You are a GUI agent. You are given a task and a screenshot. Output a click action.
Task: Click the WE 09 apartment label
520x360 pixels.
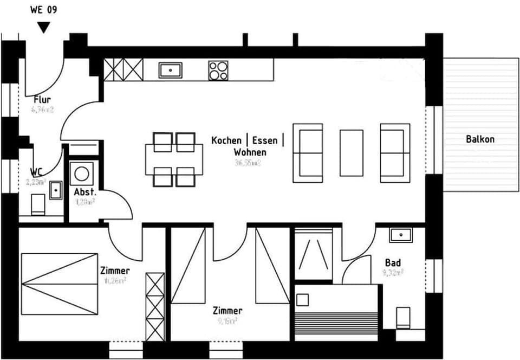coord(43,10)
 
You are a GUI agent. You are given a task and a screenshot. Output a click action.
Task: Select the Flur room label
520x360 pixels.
coord(42,100)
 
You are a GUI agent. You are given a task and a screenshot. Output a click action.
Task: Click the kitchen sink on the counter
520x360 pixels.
coord(170,69)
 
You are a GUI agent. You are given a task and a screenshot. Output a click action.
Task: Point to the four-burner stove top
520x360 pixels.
coord(218,70)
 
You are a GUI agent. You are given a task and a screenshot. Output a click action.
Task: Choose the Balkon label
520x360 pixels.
coord(480,139)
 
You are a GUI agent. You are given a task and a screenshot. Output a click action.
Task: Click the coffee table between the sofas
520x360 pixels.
coord(351,152)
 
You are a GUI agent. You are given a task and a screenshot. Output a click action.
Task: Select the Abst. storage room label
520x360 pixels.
coord(85,192)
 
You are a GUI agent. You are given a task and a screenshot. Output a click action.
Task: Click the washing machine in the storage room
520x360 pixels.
coord(82,173)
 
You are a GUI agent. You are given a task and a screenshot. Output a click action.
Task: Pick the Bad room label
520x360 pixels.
coord(393,262)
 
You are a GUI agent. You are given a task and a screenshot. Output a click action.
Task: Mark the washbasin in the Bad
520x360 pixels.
coord(401,235)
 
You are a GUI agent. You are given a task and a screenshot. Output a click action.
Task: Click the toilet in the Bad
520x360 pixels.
coord(403,317)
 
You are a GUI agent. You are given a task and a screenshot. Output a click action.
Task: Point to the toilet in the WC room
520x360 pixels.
coord(37,205)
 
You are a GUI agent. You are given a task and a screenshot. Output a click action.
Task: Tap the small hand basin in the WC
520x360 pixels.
coord(55,190)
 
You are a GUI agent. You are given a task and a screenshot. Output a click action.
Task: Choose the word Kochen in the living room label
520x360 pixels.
coord(226,140)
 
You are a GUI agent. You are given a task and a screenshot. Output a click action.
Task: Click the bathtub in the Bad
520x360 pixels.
coord(336,312)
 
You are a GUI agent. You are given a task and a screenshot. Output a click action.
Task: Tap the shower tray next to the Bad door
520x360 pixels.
coord(313,254)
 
